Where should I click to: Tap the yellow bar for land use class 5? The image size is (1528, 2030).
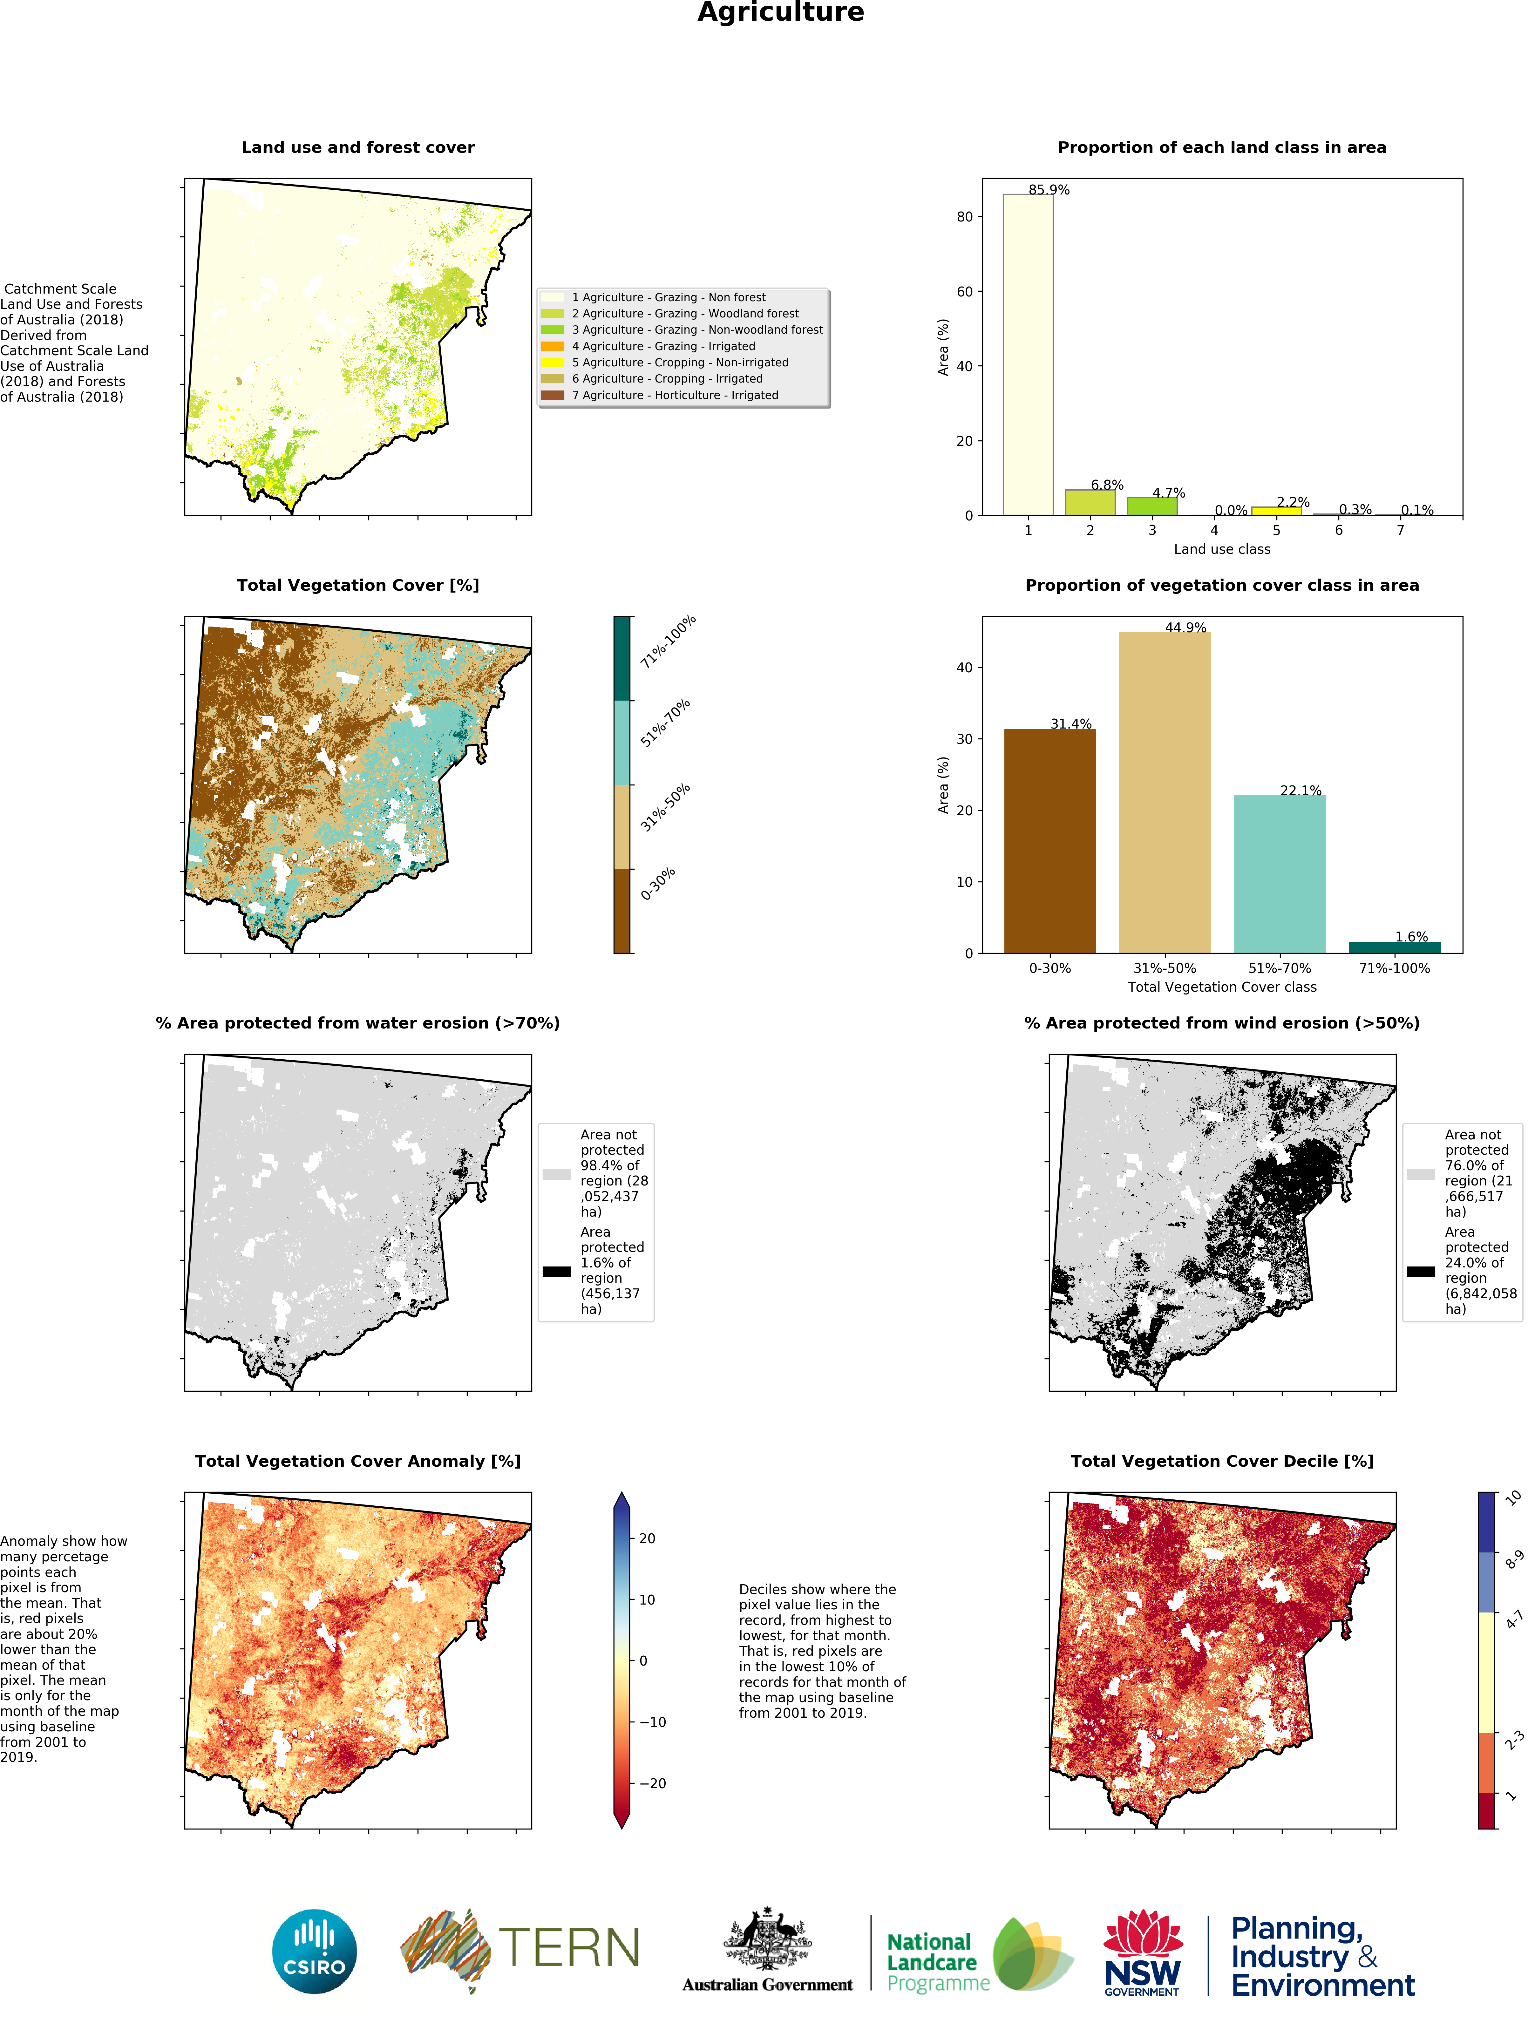tap(1276, 510)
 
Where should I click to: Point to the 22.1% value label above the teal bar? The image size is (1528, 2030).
tap(1300, 790)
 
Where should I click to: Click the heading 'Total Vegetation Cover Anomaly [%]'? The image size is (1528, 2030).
tap(358, 1461)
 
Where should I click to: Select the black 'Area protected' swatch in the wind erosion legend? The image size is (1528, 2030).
tap(1421, 1271)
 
